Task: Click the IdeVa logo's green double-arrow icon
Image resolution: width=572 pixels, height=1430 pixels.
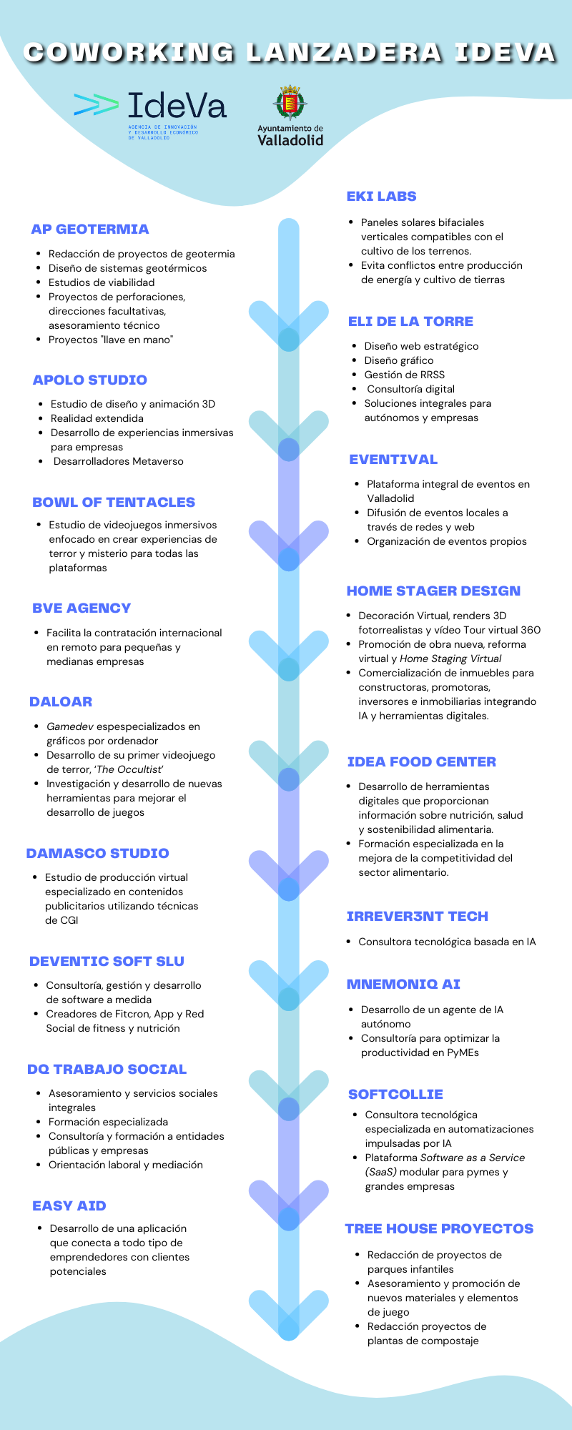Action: pyautogui.click(x=97, y=105)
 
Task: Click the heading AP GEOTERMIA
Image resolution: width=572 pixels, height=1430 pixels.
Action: pyautogui.click(x=90, y=230)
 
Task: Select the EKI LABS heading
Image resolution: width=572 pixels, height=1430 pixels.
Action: pyautogui.click(x=381, y=197)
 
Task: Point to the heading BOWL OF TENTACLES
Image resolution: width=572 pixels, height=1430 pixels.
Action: pyautogui.click(x=114, y=503)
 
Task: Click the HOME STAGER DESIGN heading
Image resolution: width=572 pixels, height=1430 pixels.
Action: pyautogui.click(x=433, y=591)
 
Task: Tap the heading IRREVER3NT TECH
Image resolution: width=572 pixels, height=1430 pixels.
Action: pyautogui.click(x=417, y=917)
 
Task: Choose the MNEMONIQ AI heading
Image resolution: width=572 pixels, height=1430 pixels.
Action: pyautogui.click(x=403, y=985)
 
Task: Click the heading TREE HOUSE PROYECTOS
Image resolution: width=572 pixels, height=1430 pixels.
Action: pyautogui.click(x=439, y=1229)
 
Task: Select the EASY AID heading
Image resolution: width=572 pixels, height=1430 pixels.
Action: pyautogui.click(x=69, y=1206)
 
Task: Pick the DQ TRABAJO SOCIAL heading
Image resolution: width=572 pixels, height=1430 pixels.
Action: pyautogui.click(x=107, y=1070)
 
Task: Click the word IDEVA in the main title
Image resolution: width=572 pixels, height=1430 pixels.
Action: pyautogui.click(x=505, y=53)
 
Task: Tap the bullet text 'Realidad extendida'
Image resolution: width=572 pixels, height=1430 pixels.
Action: pyautogui.click(x=97, y=418)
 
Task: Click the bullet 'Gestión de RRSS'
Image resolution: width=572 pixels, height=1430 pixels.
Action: pyautogui.click(x=405, y=375)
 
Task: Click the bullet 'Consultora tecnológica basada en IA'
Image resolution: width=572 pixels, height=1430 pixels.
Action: pyautogui.click(x=447, y=942)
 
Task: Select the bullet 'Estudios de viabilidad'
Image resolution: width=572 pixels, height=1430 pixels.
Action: pyautogui.click(x=102, y=282)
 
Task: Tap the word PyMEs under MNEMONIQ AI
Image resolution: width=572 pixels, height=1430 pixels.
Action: pyautogui.click(x=463, y=1052)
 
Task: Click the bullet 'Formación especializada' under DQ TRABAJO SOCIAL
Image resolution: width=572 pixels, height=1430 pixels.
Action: pyautogui.click(x=108, y=1122)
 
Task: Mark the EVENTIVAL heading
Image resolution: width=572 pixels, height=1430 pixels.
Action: pyautogui.click(x=393, y=460)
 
